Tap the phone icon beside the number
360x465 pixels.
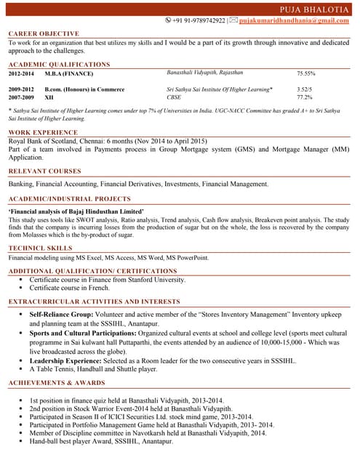click(168, 20)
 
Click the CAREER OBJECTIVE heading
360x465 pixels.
click(44, 34)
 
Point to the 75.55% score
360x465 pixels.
click(305, 74)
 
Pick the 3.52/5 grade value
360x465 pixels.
click(305, 89)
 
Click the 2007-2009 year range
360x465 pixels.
click(21, 97)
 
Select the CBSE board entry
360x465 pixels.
click(174, 97)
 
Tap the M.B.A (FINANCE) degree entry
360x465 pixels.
click(68, 74)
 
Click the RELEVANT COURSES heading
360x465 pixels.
click(44, 171)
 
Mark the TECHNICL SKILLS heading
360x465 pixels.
click(41, 248)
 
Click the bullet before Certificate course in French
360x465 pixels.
click(21, 288)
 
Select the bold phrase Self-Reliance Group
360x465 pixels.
click(61, 315)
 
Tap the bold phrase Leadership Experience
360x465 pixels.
click(68, 360)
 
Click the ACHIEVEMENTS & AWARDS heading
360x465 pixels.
click(56, 382)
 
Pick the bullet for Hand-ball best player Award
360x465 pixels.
click(21, 441)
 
